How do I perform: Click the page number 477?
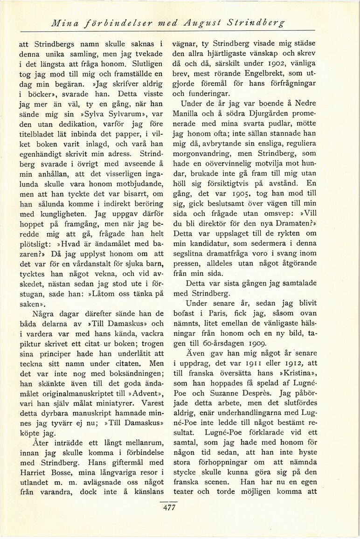[x=169, y=508]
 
